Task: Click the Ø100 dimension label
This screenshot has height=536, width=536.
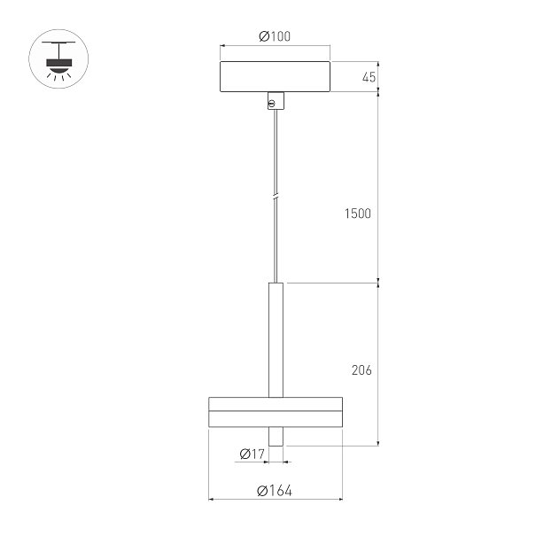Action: pyautogui.click(x=275, y=36)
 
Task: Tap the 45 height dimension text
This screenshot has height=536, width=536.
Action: pyautogui.click(x=369, y=77)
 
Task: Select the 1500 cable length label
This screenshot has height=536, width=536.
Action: pyautogui.click(x=358, y=214)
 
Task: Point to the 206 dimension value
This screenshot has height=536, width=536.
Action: pyautogui.click(x=361, y=370)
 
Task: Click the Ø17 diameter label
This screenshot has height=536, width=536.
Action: pyautogui.click(x=252, y=454)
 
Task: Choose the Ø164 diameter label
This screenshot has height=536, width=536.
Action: pyautogui.click(x=275, y=491)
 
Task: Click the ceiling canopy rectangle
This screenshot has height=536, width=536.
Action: pyautogui.click(x=275, y=76)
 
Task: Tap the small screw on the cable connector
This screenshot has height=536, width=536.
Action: pyautogui.click(x=271, y=104)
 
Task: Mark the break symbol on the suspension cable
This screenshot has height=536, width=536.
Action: pyautogui.click(x=276, y=198)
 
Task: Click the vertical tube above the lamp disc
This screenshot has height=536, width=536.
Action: pyautogui.click(x=276, y=340)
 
